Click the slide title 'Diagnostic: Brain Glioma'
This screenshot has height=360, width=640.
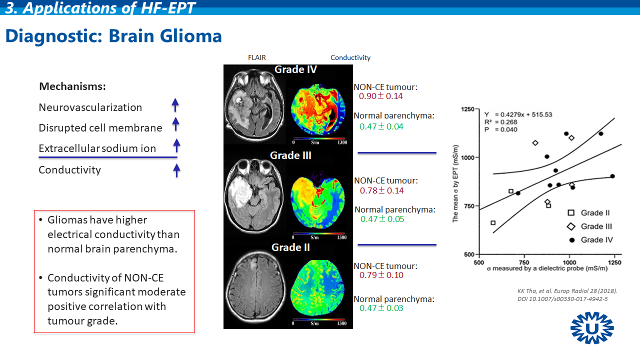click(x=113, y=36)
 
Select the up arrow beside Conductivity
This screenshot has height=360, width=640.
click(x=176, y=170)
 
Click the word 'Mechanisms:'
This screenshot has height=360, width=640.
click(x=72, y=86)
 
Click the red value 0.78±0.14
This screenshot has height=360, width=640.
click(x=381, y=190)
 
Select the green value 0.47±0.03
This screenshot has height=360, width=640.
click(x=381, y=308)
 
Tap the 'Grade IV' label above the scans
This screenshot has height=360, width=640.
click(x=295, y=69)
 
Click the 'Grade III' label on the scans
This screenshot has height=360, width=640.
click(x=290, y=155)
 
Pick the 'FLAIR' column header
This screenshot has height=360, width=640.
click(x=257, y=57)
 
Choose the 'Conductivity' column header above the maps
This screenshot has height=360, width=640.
click(x=350, y=57)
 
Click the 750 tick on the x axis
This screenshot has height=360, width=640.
click(x=524, y=262)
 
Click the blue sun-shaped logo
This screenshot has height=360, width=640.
click(x=592, y=328)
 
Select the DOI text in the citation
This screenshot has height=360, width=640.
click(x=562, y=299)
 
